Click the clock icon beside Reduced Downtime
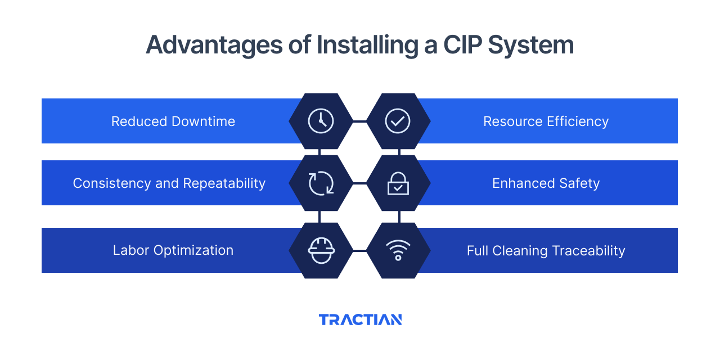(x=321, y=121)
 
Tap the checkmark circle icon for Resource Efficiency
(x=398, y=121)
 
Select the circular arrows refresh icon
(x=321, y=183)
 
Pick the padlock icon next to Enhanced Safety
(x=398, y=183)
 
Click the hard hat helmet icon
(x=321, y=250)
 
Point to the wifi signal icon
(x=398, y=250)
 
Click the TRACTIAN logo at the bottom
(x=360, y=319)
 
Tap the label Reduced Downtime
(x=173, y=121)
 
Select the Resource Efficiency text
(x=546, y=121)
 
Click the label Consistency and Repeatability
(x=169, y=183)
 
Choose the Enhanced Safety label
(x=546, y=183)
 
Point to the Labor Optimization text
(x=173, y=250)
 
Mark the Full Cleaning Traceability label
(x=546, y=250)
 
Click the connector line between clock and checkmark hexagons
(x=359, y=121)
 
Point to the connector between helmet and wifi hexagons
(x=359, y=250)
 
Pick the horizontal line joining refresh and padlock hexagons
(x=359, y=183)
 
